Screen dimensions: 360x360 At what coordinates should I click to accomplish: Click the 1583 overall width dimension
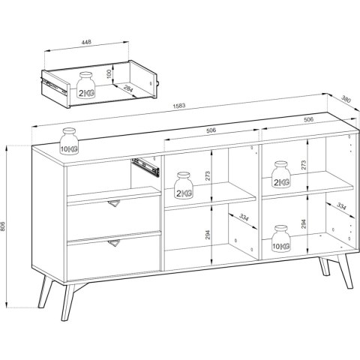pos(179,106)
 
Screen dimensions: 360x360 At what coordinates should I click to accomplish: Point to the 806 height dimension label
pos(3,226)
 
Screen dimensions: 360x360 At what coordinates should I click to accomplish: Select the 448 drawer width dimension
pos(86,42)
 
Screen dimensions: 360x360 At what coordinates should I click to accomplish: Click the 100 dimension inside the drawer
pos(109,74)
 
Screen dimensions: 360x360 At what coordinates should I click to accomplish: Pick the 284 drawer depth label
pos(128,88)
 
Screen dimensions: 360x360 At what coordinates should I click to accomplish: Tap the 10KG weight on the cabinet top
pos(69,141)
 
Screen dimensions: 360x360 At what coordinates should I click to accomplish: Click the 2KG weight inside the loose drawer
pos(86,85)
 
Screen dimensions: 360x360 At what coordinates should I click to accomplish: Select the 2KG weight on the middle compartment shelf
pos(184,185)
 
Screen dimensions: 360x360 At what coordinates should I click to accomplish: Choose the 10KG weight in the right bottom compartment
pos(281,238)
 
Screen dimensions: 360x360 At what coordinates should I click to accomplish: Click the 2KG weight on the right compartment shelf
pos(281,174)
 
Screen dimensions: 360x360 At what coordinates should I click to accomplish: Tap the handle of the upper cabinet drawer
pos(114,203)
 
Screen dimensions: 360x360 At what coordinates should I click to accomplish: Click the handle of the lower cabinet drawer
pos(114,243)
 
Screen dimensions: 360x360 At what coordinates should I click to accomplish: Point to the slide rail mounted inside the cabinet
pos(145,167)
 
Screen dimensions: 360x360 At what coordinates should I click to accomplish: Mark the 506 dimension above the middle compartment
pos(211,130)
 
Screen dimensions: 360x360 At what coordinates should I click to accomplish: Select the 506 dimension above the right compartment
pos(308,119)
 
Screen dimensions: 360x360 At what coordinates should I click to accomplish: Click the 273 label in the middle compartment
pos(208,176)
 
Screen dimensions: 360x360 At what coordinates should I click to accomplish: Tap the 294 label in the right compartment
pos(304,224)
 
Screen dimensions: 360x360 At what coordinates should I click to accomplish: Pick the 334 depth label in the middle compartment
pos(244,217)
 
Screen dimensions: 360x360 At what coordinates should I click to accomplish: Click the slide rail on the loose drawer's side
pos(55,87)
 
